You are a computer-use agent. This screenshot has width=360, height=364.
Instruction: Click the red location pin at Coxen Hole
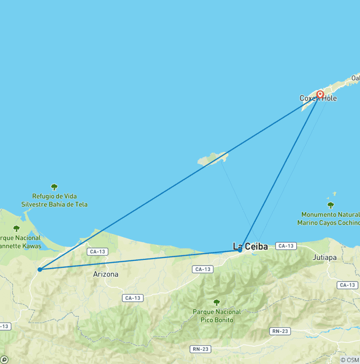(x=320, y=94)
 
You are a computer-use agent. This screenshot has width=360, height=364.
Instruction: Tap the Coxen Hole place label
(x=318, y=99)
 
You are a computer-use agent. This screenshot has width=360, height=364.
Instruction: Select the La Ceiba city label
(x=250, y=246)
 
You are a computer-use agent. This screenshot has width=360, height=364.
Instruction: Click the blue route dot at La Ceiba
(x=240, y=250)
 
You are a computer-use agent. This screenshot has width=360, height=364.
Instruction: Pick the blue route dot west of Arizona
(x=40, y=269)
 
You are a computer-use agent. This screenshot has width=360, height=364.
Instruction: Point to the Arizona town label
(x=105, y=274)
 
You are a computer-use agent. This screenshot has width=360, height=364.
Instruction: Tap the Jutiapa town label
(x=324, y=258)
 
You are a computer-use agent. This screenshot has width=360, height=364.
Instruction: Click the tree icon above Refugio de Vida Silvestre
(x=54, y=187)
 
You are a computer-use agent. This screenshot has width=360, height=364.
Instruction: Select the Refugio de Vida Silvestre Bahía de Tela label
(x=54, y=200)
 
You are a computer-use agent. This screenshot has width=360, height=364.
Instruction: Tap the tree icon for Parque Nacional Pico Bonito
(x=217, y=303)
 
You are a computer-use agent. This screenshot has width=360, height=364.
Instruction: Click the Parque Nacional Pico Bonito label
(x=217, y=315)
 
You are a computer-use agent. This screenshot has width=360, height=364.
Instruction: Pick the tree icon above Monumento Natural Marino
(x=330, y=205)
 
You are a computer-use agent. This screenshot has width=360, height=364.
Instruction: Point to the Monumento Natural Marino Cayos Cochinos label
(x=328, y=219)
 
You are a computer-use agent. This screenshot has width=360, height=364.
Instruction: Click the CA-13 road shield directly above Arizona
(x=97, y=252)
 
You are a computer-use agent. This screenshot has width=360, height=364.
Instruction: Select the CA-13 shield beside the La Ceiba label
(x=285, y=246)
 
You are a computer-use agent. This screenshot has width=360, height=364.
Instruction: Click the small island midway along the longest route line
(x=212, y=159)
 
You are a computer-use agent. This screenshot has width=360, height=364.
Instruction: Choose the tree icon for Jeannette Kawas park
(x=16, y=228)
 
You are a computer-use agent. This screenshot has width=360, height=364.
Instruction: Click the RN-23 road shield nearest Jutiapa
(x=280, y=331)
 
